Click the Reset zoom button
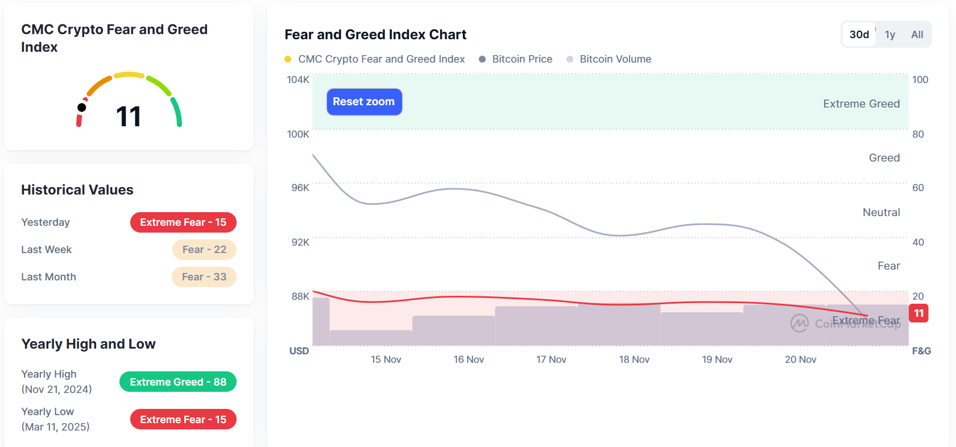[x=364, y=102]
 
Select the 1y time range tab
[x=890, y=35]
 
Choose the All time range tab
[x=917, y=35]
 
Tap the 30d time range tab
[x=859, y=35]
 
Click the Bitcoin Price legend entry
[x=522, y=59]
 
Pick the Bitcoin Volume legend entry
[x=615, y=59]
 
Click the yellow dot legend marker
[x=288, y=59]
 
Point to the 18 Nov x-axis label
[x=634, y=359]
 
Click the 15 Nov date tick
[x=386, y=359]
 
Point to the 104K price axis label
[x=298, y=80]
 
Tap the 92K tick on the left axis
[x=300, y=242]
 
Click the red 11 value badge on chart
[x=918, y=313]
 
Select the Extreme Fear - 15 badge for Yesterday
[x=183, y=222]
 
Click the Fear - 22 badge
[x=204, y=250]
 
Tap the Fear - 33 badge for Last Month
[x=204, y=277]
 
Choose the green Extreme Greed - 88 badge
[x=178, y=382]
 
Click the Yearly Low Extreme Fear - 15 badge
[x=183, y=420]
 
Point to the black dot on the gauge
[x=82, y=107]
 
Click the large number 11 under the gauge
[x=129, y=117]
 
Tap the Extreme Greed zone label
[x=861, y=104]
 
